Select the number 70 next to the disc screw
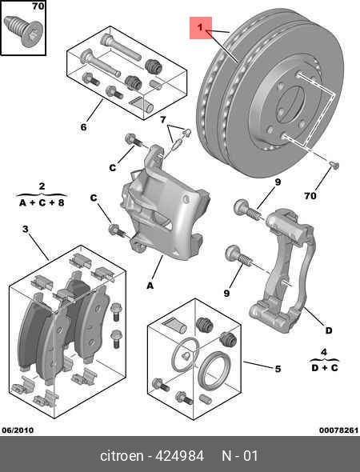click(x=310, y=196)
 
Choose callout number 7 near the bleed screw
click(x=162, y=120)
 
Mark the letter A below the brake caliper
click(x=150, y=282)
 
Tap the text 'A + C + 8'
click(x=42, y=202)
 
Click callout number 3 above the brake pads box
click(x=25, y=230)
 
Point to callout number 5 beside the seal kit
click(x=277, y=369)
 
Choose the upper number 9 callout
click(x=278, y=182)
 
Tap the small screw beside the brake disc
click(x=334, y=165)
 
